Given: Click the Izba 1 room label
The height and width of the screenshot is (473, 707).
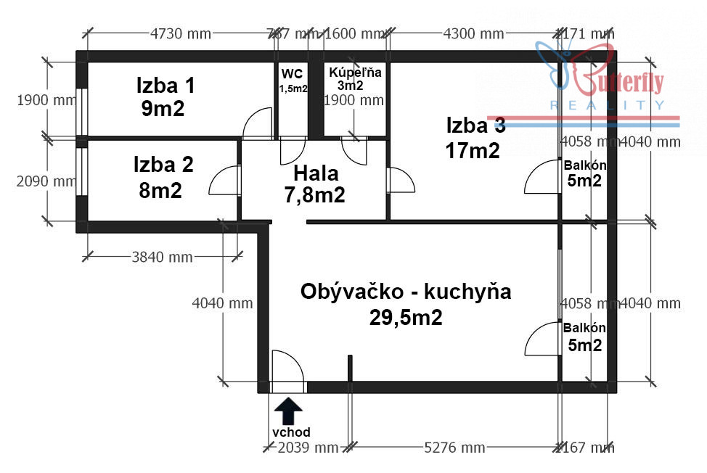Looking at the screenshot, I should pyautogui.click(x=165, y=86).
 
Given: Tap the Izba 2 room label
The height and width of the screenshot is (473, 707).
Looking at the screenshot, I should pyautogui.click(x=163, y=165).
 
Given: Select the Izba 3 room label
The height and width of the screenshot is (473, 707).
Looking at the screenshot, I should pyautogui.click(x=475, y=126).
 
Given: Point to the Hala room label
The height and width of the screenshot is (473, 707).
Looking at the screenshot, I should pyautogui.click(x=316, y=173).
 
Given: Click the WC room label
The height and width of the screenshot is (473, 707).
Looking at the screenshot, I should pyautogui.click(x=293, y=73).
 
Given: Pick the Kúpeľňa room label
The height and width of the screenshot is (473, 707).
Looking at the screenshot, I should pyautogui.click(x=355, y=73).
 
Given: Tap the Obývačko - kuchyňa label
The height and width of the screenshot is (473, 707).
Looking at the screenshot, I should pyautogui.click(x=406, y=292).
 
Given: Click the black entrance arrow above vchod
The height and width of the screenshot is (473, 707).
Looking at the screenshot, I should pyautogui.click(x=290, y=411).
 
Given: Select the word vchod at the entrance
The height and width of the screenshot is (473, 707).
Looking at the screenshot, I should pyautogui.click(x=291, y=432).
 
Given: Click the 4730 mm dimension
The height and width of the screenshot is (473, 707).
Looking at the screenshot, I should pyautogui.click(x=180, y=33).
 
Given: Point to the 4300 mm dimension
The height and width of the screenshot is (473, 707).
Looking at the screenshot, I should pyautogui.click(x=473, y=33).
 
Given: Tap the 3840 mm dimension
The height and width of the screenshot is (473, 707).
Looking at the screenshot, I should pyautogui.click(x=162, y=257).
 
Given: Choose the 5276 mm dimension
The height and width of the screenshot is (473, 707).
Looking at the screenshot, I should pyautogui.click(x=455, y=447).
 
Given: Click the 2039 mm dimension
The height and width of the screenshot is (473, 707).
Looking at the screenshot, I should pyautogui.click(x=307, y=447).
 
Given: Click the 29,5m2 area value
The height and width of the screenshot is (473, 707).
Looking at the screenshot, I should pyautogui.click(x=406, y=318).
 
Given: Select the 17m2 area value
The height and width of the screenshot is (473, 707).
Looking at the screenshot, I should pyautogui.click(x=473, y=151).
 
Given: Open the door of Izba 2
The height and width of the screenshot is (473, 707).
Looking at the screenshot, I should pyautogui.click(x=224, y=181).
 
